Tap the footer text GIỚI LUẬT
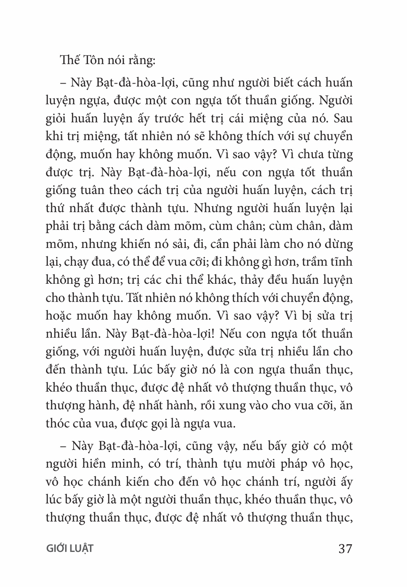[70, 549]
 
